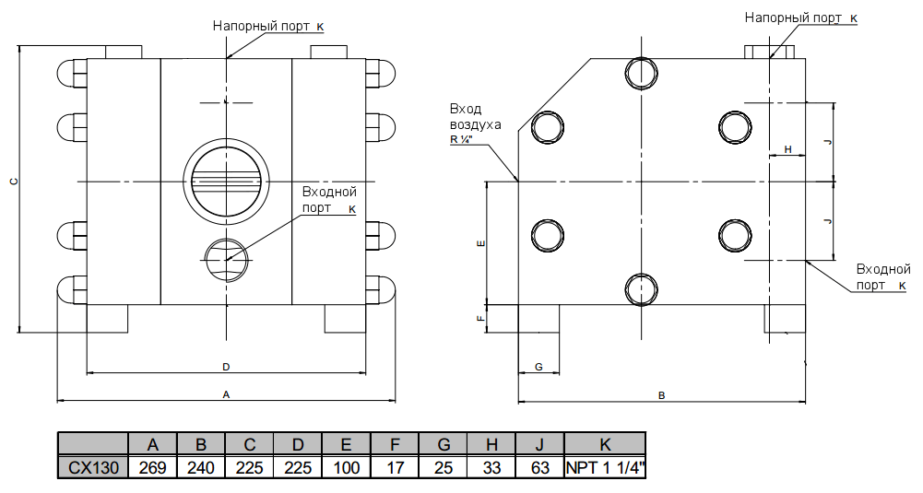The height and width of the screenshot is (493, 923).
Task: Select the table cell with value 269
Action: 152,467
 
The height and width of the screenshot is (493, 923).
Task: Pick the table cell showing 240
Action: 201,467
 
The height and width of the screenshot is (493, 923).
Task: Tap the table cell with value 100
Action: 346,467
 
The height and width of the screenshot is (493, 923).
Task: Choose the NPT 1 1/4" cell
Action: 605,467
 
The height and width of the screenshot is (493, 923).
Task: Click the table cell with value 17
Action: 395,467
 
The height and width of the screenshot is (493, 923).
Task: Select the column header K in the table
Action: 605,444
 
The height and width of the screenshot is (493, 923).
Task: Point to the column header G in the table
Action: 444,444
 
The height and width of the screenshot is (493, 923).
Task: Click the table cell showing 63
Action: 540,467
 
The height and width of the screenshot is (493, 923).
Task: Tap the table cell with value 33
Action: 492,467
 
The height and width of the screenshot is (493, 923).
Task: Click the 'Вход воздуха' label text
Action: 475,116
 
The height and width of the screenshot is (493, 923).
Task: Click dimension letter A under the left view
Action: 226,394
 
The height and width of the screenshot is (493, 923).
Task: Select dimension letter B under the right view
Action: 661,395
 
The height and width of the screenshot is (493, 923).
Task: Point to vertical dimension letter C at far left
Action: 13,182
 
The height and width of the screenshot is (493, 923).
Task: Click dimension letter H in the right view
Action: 787,148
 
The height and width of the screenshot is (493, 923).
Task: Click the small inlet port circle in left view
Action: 225,259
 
